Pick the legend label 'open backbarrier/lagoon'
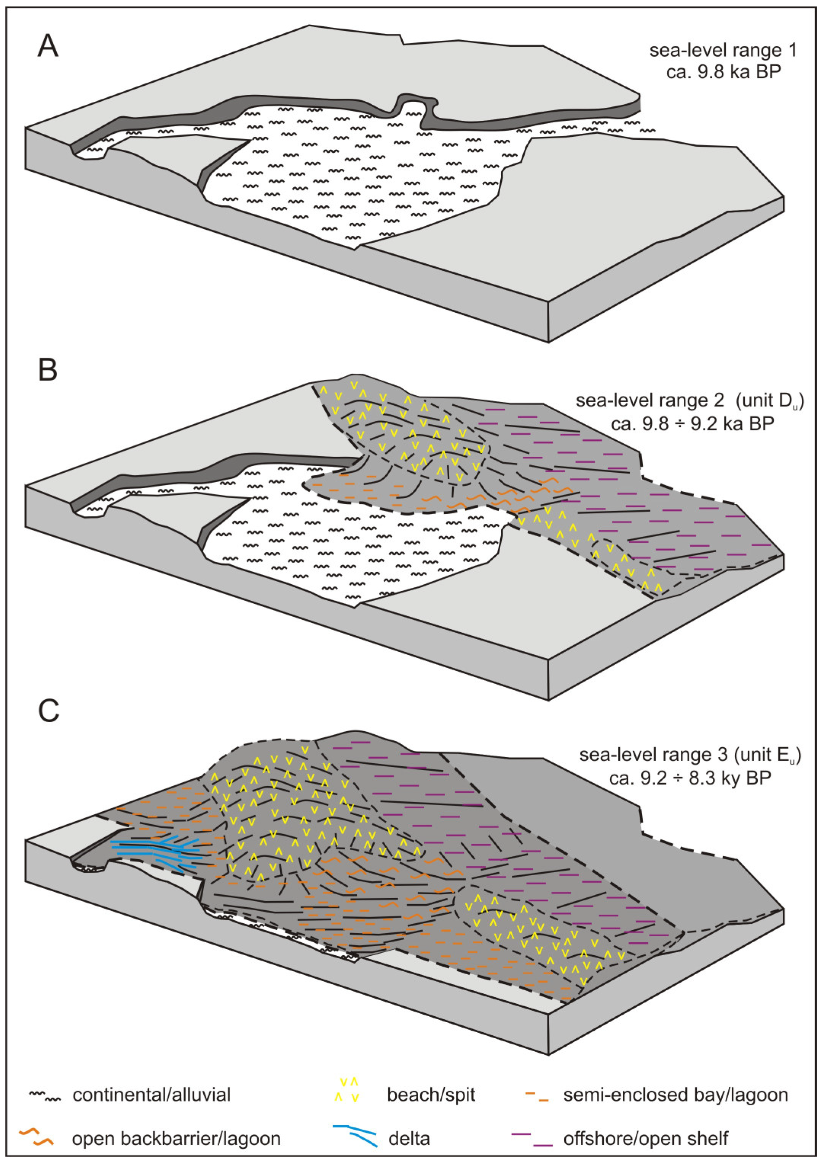(x=176, y=1124)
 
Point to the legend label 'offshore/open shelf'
(x=646, y=1124)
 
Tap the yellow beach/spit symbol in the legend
(x=349, y=1090)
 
